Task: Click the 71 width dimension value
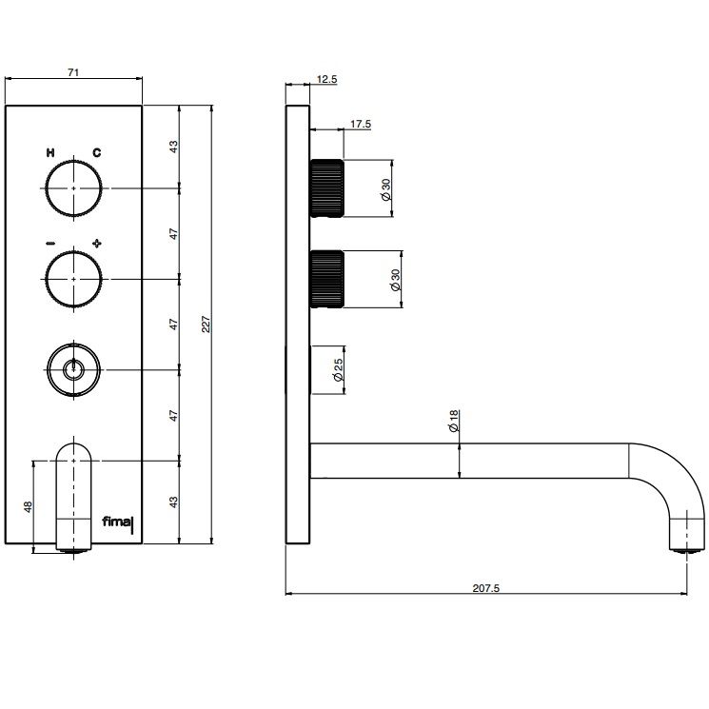73,72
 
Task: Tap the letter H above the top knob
50,153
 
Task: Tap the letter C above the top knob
97,153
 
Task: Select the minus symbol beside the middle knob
50,244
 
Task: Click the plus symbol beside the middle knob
97,244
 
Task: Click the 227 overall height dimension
206,325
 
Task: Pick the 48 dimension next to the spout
28,507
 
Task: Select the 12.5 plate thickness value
326,79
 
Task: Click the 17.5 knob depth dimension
361,124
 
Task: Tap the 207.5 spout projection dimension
486,588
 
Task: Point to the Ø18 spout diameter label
454,421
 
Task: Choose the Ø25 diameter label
338,370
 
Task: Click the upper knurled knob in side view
326,188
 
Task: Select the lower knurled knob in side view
326,279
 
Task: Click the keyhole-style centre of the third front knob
73,369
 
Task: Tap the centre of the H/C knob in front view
73,187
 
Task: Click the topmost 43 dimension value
174,147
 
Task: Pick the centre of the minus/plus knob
73,279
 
